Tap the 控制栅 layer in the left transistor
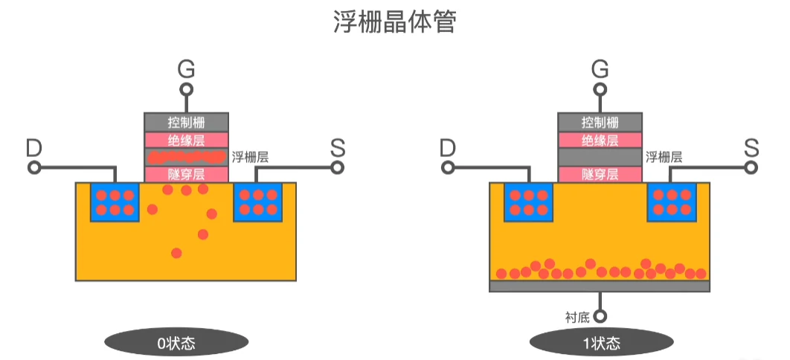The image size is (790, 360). pos(186,122)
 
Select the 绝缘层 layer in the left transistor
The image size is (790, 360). pos(186,139)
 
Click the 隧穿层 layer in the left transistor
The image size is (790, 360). pos(186,175)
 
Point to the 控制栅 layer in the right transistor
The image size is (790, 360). pos(600,122)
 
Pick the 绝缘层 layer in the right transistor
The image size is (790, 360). pos(600,139)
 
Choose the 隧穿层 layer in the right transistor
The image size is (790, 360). pos(600,175)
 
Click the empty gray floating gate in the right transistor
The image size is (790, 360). pos(600,157)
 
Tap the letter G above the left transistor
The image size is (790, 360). pos(187,70)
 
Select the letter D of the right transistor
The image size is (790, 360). pos(447,148)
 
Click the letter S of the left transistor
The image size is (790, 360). pos(338,148)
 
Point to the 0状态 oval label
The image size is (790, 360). pos(176,343)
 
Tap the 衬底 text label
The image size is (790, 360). pos(577,317)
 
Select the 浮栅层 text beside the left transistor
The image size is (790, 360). pos(250,157)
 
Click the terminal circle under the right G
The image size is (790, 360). pos(600,90)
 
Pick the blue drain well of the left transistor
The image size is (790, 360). pos(115,202)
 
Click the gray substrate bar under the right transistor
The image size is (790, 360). pos(600,286)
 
